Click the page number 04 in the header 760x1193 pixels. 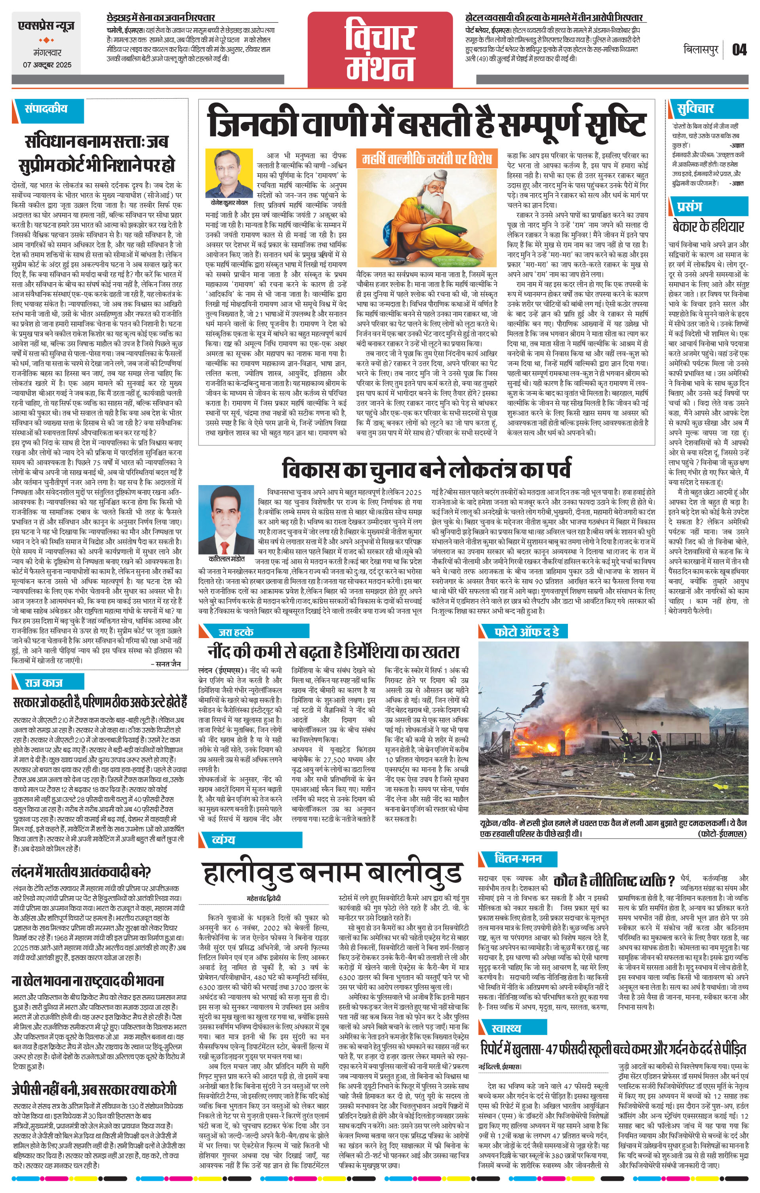click(739, 50)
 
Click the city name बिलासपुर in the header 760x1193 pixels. click(701, 50)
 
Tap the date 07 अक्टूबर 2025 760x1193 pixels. click(47, 65)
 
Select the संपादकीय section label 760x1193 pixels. click(46, 109)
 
